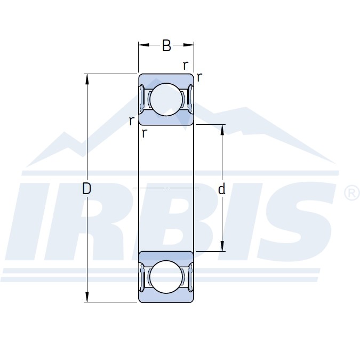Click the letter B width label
[167, 45]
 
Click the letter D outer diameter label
[86, 189]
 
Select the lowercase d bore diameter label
[221, 189]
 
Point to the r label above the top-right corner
[186, 66]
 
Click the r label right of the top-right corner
[199, 77]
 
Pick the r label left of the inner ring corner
[131, 121]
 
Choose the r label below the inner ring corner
[144, 133]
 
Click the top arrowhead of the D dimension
[87, 79]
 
